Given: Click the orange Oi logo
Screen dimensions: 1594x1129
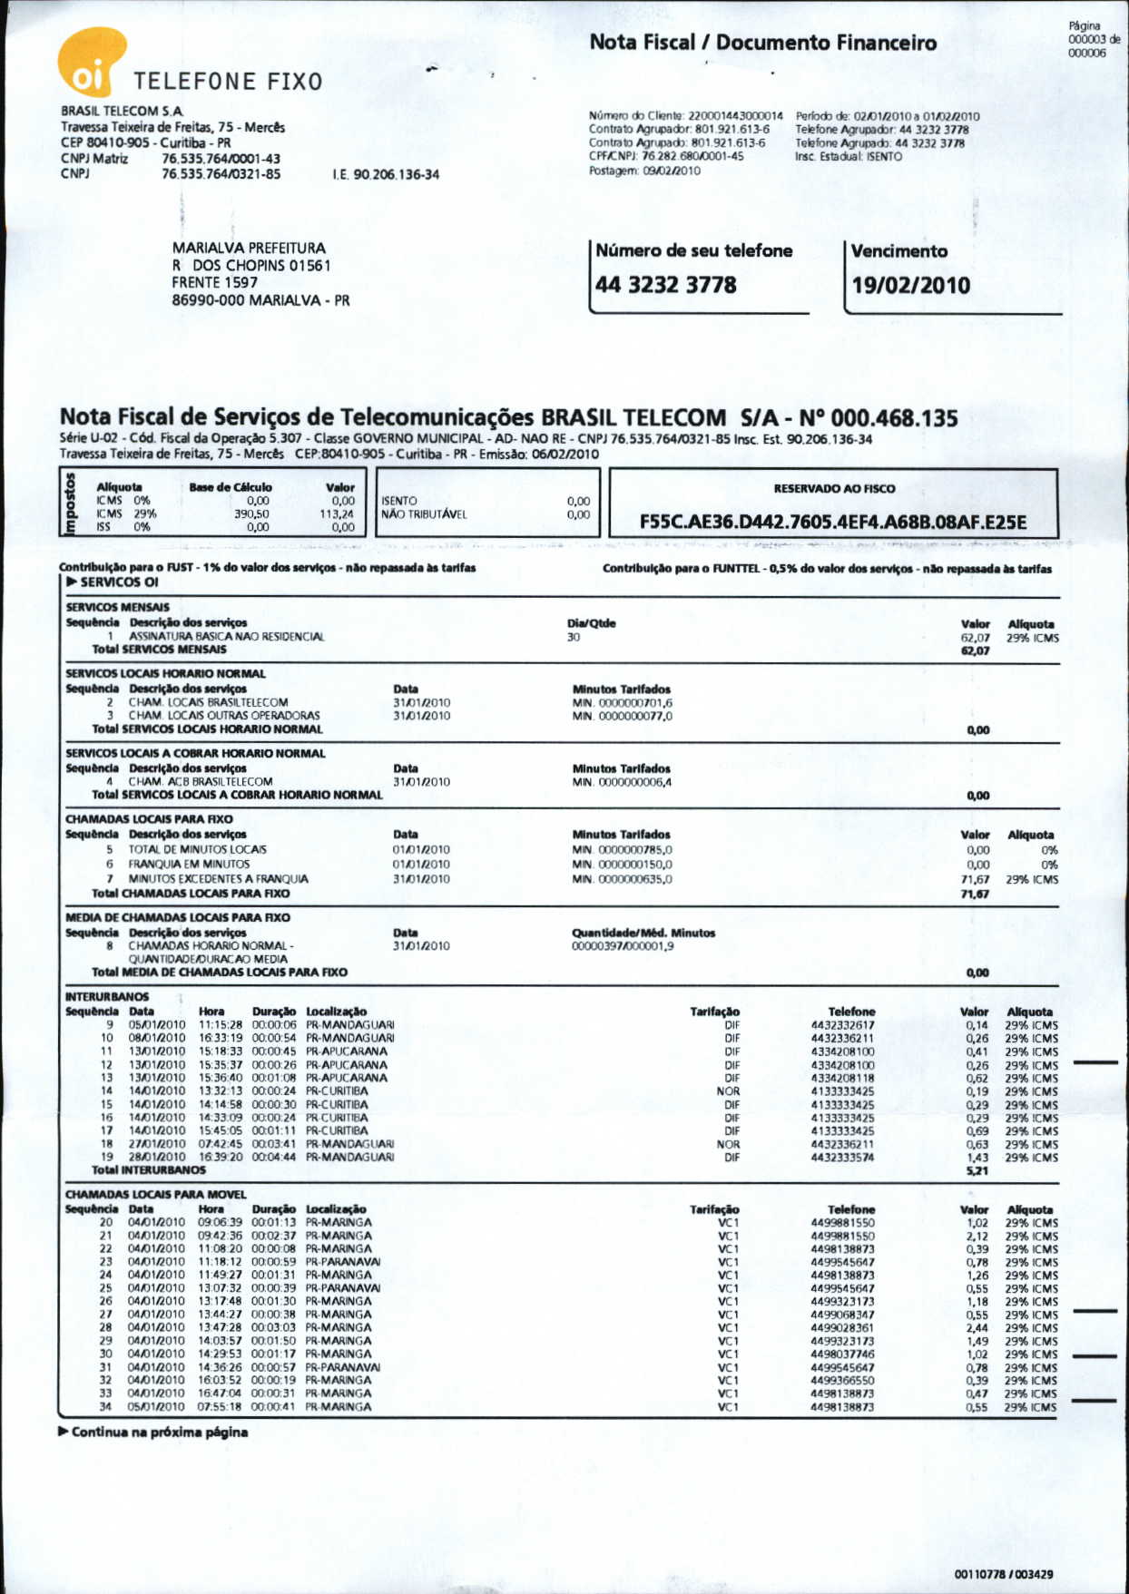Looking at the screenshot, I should click(x=91, y=62).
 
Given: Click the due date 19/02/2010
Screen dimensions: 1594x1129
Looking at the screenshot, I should click(x=910, y=285).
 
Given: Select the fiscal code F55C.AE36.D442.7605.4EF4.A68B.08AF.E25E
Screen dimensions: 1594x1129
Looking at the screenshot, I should click(x=833, y=522).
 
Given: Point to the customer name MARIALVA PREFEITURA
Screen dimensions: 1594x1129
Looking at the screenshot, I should click(x=249, y=248).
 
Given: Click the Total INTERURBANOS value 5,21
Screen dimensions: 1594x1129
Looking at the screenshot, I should click(x=977, y=1171).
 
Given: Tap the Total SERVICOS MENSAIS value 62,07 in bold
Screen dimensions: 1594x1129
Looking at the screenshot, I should click(x=975, y=650).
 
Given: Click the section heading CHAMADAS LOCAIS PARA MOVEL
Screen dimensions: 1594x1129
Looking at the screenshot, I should click(x=155, y=1195).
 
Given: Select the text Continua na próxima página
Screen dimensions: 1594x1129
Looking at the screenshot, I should click(x=159, y=1433).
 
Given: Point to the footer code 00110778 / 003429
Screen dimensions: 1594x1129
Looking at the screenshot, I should click(x=1004, y=1574).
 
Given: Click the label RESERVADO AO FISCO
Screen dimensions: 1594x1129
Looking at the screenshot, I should click(x=834, y=488).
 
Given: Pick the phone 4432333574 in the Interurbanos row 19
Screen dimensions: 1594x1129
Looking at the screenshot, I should click(x=842, y=1158).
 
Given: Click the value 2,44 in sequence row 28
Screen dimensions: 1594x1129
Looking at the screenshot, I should click(x=977, y=1327).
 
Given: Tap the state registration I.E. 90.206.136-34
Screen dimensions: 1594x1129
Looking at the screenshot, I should click(x=386, y=174).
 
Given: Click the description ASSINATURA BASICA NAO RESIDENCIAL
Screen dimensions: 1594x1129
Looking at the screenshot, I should click(x=226, y=637).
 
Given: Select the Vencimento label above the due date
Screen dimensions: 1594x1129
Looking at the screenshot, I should click(x=898, y=251).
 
